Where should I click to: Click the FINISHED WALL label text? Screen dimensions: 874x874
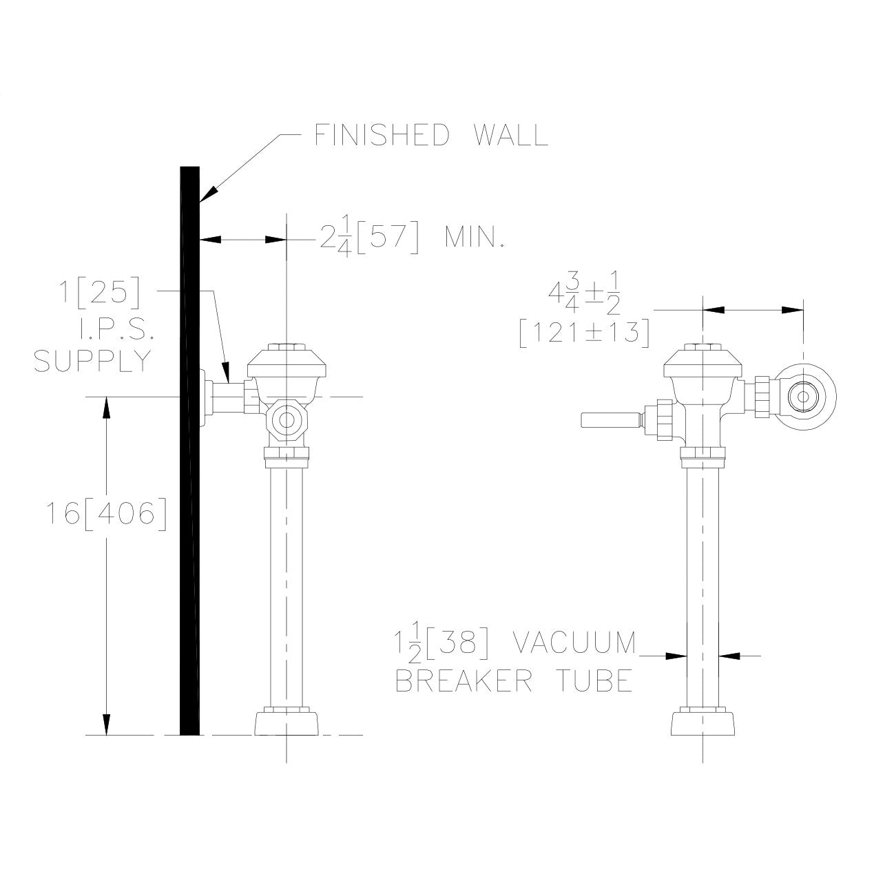coord(431,135)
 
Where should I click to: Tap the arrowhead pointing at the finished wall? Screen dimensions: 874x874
coord(206,193)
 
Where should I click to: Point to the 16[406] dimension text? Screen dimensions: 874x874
coord(107,513)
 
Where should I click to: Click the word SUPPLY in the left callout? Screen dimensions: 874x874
coord(93,360)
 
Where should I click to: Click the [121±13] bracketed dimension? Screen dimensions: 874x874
coord(584,333)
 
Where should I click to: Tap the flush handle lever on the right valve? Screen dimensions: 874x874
coord(610,419)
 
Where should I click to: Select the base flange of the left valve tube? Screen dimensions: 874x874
coord(287,722)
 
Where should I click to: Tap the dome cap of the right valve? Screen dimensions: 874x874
coord(703,365)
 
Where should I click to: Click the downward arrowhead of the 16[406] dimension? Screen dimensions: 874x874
coord(107,725)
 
